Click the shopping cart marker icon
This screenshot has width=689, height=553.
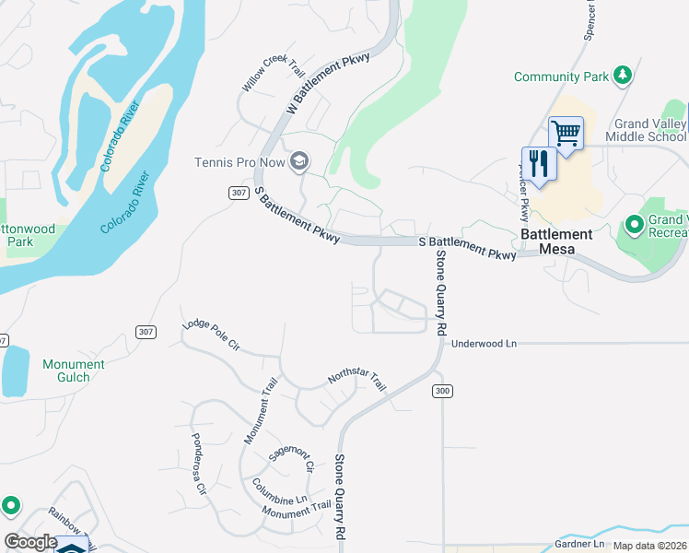pyautogui.click(x=566, y=133)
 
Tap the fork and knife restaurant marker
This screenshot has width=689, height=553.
pyautogui.click(x=539, y=164)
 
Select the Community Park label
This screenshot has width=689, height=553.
pyautogui.click(x=561, y=76)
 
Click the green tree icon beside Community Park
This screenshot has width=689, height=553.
pyautogui.click(x=624, y=76)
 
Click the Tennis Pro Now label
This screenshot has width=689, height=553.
pyautogui.click(x=238, y=163)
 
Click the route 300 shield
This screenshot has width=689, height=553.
pyautogui.click(x=442, y=392)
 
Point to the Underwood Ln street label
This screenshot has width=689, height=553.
pyautogui.click(x=484, y=344)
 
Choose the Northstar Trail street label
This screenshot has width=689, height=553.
pyautogui.click(x=356, y=379)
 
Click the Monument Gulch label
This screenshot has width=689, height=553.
pyautogui.click(x=74, y=371)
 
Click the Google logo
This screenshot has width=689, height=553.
pyautogui.click(x=30, y=543)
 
